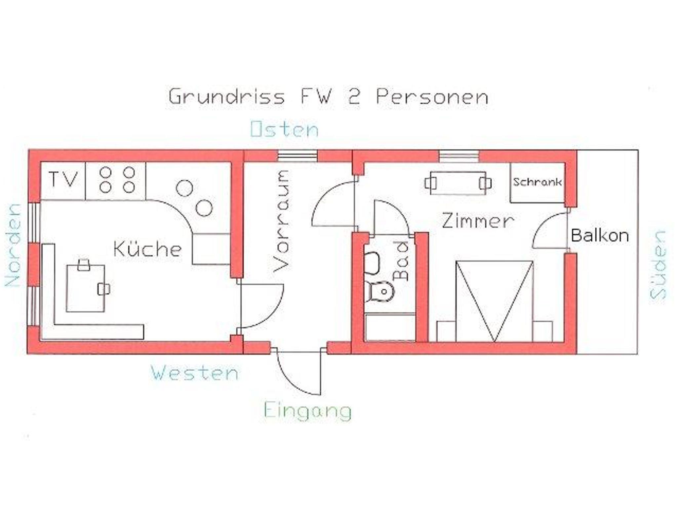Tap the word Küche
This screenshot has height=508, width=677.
click(147, 249)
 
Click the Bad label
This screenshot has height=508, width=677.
click(402, 261)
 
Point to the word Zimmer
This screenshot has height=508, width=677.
click(478, 221)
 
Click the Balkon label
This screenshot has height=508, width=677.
click(599, 236)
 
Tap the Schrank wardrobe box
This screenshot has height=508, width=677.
click(537, 182)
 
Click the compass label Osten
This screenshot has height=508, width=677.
click(285, 129)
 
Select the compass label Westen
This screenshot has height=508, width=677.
click(195, 373)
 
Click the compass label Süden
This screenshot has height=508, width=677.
click(657, 265)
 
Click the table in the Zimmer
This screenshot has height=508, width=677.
click(458, 183)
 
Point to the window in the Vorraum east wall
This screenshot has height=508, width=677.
click(297, 156)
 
